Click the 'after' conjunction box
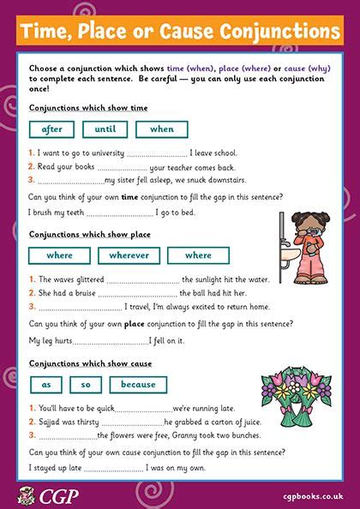tap(52, 129)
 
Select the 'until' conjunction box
tap(105, 129)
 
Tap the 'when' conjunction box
tap(161, 129)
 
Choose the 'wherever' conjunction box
tap(129, 254)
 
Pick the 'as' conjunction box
tap(46, 385)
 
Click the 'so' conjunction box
tap(86, 385)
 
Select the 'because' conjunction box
tap(138, 385)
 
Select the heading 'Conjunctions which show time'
tap(77, 108)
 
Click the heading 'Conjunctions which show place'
tap(78, 233)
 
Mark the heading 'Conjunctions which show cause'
tap(79, 363)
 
